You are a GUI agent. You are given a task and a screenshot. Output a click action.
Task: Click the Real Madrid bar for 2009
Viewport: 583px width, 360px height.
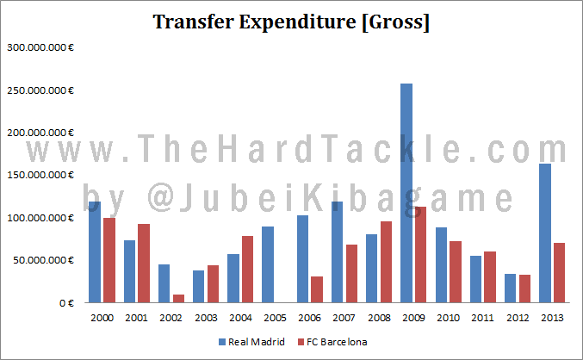tap(406, 193)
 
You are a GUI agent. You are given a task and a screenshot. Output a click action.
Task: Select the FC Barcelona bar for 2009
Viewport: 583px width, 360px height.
tap(420, 255)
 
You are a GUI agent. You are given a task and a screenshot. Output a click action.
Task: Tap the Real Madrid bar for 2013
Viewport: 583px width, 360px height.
tap(544, 233)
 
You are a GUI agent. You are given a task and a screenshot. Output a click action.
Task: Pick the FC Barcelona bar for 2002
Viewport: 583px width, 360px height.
tap(178, 298)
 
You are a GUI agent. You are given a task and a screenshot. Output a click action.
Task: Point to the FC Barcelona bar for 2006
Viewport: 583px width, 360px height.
tap(317, 289)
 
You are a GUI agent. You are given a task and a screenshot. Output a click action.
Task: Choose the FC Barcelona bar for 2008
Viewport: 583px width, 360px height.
tap(386, 262)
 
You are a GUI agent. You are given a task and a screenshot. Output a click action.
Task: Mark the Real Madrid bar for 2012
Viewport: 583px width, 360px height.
tap(510, 289)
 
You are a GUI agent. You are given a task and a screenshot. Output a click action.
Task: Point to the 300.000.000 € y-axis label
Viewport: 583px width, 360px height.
tap(40, 47)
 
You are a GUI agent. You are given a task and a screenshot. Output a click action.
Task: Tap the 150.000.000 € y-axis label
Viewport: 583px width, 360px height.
tap(40, 175)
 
